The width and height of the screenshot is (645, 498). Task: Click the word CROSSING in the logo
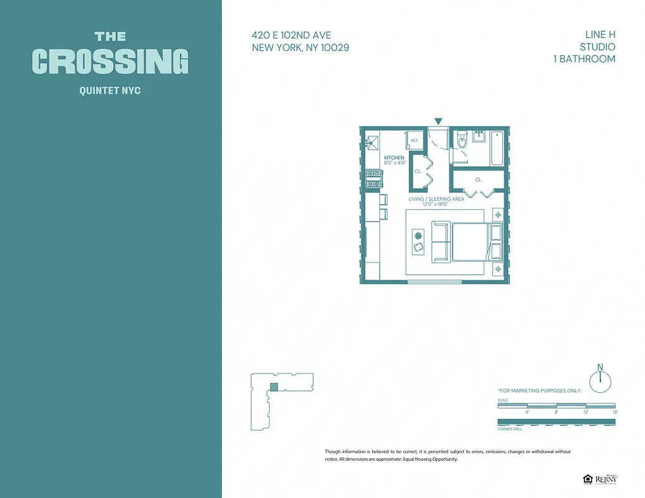[x=110, y=61]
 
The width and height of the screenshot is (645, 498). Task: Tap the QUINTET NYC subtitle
[x=110, y=91]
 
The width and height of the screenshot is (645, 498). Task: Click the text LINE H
[x=596, y=35]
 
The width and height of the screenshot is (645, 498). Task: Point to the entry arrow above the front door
[x=439, y=121]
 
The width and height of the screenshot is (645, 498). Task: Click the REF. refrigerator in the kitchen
[x=414, y=140]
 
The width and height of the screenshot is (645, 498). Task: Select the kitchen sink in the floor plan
[x=373, y=142]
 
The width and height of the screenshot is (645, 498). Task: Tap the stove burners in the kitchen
[x=373, y=179]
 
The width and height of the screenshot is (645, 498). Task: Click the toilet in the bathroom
[x=461, y=141]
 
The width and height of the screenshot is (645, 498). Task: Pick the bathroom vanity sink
[x=479, y=136]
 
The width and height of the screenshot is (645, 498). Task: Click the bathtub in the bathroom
[x=497, y=148]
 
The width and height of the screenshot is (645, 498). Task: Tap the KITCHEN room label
[x=394, y=158]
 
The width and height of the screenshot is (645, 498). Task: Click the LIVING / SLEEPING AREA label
[x=436, y=199]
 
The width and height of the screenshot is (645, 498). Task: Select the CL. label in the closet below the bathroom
[x=479, y=179]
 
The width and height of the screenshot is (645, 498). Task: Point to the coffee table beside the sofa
[x=418, y=242]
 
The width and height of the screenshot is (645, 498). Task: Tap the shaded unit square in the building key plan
[x=273, y=387]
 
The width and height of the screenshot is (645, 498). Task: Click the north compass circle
[x=600, y=381]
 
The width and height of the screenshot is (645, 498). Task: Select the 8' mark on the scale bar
[x=557, y=412]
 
